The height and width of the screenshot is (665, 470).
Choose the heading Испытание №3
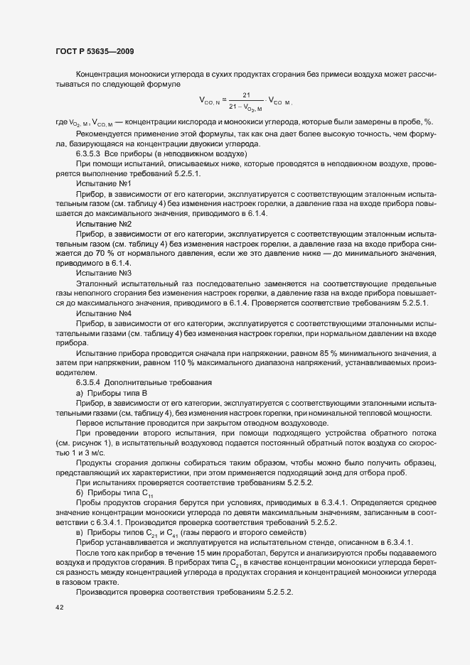click(x=103, y=272)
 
